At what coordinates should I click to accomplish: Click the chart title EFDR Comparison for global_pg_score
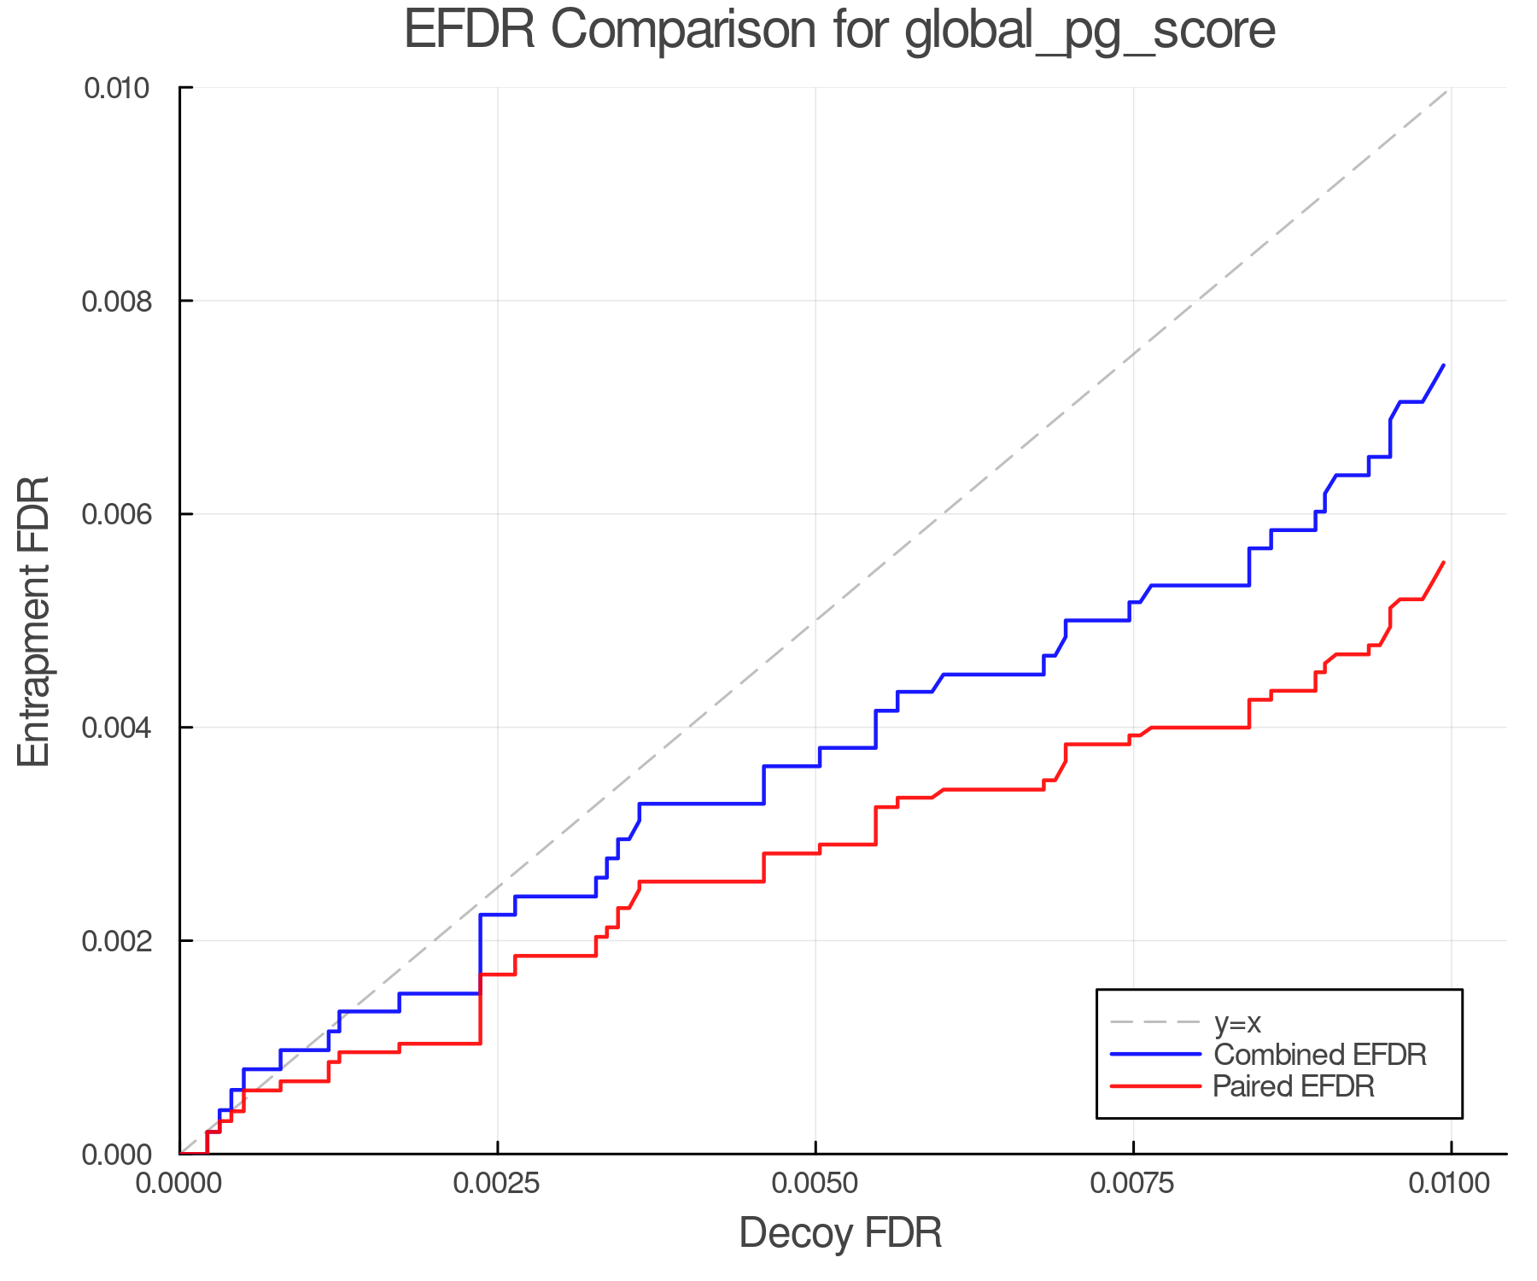tap(839, 31)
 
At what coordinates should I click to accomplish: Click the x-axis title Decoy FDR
tap(840, 1233)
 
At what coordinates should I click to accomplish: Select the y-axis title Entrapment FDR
tap(34, 622)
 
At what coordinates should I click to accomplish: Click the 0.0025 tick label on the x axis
tap(498, 1184)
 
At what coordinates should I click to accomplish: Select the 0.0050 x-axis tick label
tap(815, 1184)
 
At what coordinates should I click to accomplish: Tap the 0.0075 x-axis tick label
tap(1133, 1184)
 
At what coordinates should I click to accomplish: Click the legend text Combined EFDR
tap(1319, 1055)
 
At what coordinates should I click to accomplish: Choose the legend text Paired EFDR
tap(1294, 1086)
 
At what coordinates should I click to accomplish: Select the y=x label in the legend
tap(1237, 1022)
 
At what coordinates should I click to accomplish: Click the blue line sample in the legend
tap(1155, 1055)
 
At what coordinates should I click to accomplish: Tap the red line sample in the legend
tap(1155, 1086)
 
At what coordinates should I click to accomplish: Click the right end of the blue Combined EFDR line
tap(1443, 366)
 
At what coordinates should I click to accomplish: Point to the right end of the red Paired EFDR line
tap(1443, 563)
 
